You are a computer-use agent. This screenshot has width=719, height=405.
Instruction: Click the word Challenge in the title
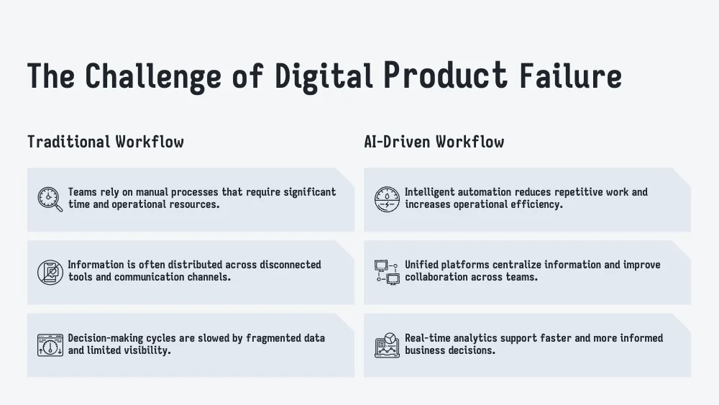point(153,77)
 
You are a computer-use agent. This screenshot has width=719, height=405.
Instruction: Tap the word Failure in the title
point(570,76)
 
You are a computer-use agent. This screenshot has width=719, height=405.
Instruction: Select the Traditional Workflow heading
point(106,142)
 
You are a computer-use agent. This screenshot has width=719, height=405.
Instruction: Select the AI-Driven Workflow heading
point(434,142)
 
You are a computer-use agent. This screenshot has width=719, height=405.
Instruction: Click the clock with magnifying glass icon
point(50,199)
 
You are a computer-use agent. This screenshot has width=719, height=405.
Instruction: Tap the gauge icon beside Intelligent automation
point(387,199)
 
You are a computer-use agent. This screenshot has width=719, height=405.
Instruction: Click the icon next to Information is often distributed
point(50,272)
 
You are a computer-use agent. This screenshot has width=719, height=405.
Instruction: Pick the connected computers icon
point(387,272)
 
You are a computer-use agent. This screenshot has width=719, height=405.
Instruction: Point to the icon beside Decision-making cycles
point(50,345)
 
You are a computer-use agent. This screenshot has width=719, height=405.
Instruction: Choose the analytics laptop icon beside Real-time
point(387,345)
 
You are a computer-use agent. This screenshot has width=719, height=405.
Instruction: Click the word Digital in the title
point(324,77)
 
